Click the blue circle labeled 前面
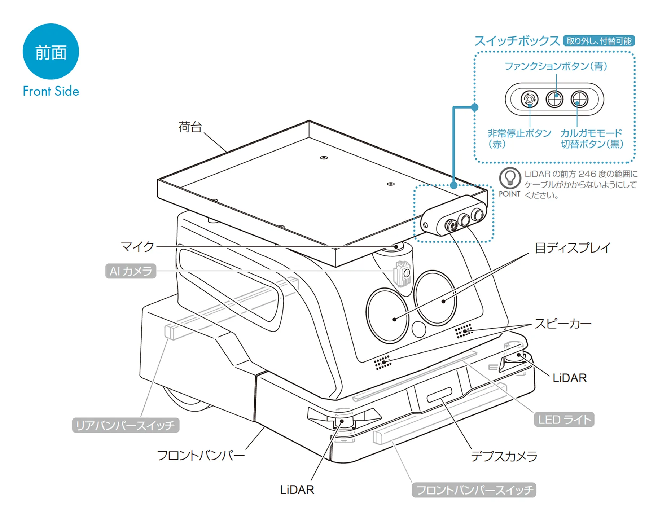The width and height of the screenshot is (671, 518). tap(51, 52)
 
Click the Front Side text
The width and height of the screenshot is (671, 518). tap(51, 91)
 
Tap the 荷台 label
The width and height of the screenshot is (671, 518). tap(190, 127)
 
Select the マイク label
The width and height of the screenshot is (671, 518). tap(137, 247)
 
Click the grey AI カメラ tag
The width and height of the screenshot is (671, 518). tap(131, 271)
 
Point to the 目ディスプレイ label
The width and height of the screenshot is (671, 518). tap(572, 248)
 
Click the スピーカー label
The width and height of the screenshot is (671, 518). tap(563, 324)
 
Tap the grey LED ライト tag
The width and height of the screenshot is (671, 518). tap(564, 420)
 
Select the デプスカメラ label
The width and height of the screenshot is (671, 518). tap(504, 456)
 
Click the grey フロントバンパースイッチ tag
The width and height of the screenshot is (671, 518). tap(474, 490)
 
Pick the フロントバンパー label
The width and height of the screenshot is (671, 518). tap(201, 455)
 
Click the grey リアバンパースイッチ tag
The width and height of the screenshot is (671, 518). tap(126, 425)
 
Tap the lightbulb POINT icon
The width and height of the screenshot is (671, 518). tap(509, 178)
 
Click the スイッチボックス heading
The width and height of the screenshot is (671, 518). tap(517, 41)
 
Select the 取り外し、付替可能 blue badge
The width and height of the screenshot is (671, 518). tap(598, 41)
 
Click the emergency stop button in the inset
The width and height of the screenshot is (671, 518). tap(529, 99)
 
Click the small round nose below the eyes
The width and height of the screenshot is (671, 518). tap(418, 329)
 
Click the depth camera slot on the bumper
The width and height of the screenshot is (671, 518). tap(439, 395)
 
